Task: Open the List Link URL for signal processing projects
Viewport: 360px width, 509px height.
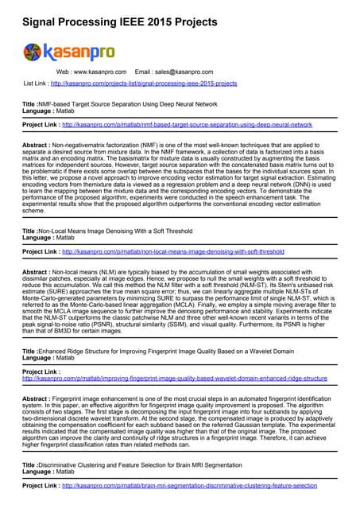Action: coord(143,83)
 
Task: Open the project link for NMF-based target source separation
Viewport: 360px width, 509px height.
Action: coord(187,125)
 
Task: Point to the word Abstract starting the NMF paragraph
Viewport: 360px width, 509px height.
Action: coord(37,146)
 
